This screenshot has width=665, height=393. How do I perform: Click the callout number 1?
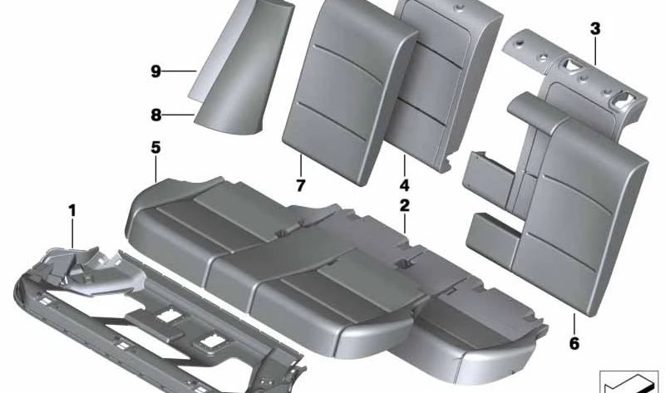72,211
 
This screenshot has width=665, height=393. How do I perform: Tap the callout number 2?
404,204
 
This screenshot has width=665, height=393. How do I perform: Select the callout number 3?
595,30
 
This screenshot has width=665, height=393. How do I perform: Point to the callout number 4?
404,184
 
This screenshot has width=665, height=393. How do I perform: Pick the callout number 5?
155,148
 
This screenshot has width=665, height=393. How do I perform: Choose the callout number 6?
574,341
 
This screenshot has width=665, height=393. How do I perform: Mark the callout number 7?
301,184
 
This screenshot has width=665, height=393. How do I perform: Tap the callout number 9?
155,72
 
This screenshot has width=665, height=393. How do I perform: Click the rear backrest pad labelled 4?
441,75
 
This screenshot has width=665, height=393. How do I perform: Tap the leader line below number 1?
73,233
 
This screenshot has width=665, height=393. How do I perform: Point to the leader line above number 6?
574,323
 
